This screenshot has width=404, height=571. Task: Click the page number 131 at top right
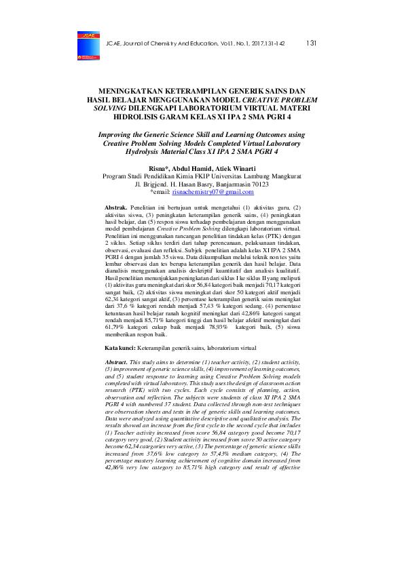(312, 43)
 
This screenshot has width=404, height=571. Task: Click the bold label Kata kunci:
(124, 347)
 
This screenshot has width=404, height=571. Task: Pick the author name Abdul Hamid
(192, 168)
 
